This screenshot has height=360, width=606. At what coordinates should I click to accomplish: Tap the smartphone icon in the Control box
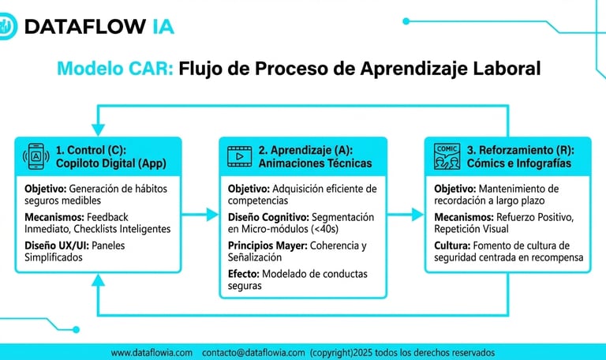click(35, 156)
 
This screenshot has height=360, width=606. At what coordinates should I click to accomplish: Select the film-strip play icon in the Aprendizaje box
click(238, 156)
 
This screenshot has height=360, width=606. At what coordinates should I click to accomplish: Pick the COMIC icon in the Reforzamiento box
click(447, 156)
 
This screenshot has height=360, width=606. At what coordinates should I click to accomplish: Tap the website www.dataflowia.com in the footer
click(151, 352)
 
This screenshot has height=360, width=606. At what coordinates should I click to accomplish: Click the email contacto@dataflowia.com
click(252, 352)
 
